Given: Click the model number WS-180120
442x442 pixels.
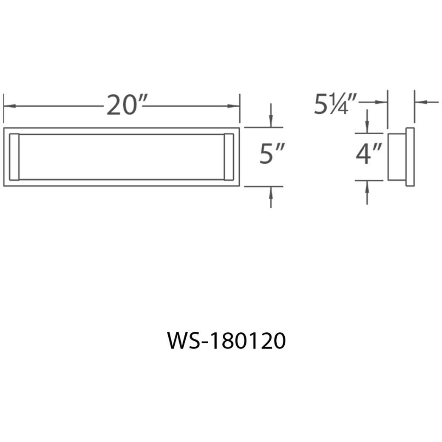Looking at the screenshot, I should tap(226, 341).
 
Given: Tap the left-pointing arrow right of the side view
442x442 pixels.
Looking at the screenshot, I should tap(420, 102).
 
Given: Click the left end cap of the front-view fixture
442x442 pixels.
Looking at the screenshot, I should tap(14, 156).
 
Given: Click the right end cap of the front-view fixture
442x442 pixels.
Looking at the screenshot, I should tap(229, 156).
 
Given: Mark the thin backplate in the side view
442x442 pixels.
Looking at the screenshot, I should tap(410, 156).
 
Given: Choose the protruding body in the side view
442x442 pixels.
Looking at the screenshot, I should tap(397, 156).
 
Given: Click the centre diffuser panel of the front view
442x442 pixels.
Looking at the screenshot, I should tap(122, 156).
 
